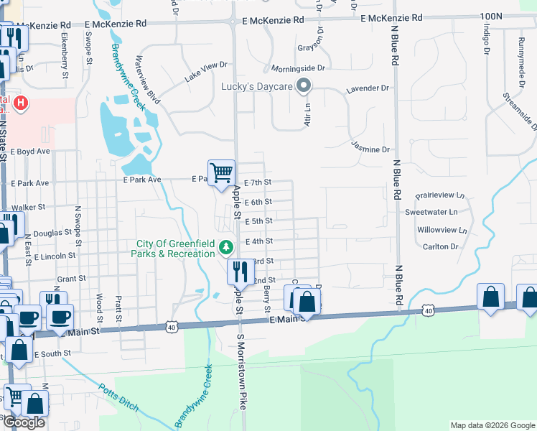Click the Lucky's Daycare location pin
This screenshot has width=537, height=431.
[x=304, y=86]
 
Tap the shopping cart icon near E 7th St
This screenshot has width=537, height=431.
[x=222, y=172]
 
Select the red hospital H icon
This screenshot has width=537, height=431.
[x=21, y=103]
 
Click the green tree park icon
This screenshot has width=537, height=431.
[x=227, y=248]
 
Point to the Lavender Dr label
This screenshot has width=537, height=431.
[x=367, y=88]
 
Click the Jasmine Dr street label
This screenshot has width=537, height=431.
[x=370, y=149]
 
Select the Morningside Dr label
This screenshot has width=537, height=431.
[x=298, y=68]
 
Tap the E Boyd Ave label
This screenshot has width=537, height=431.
[x=30, y=152]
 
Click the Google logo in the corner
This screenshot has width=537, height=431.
[x=24, y=422]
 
